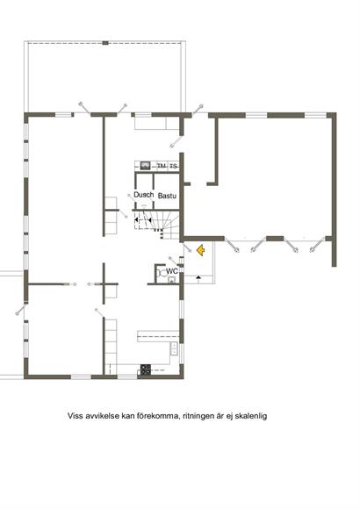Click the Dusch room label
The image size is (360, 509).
[144, 195]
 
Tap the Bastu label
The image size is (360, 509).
[167, 196]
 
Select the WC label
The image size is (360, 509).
[172, 270]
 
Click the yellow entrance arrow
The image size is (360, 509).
[200, 250]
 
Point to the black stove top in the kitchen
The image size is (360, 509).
[146, 369]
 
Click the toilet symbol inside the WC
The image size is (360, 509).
[161, 273]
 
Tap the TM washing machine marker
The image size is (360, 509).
[162, 166]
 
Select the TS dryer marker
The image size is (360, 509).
[174, 167]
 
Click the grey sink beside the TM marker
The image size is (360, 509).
[145, 166]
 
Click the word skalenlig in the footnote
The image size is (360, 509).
[252, 416]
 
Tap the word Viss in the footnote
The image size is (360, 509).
[74, 416]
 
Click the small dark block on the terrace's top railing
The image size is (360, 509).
[105, 43]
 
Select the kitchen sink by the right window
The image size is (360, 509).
[175, 348]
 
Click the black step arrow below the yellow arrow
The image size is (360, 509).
[198, 277]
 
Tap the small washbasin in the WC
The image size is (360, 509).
[171, 280]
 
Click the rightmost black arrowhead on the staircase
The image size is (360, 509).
[150, 220]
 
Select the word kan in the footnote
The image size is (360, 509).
[127, 416]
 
